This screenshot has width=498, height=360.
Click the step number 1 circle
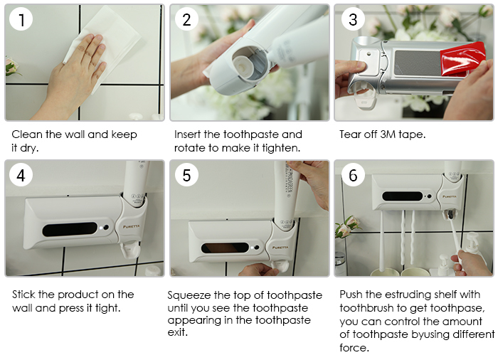21,19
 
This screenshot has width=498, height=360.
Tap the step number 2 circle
186,19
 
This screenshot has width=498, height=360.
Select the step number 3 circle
353,19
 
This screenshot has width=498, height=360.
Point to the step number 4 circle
21,175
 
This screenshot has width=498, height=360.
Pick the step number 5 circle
186,175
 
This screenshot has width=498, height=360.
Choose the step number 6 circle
353,175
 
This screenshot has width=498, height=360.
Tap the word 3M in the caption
388,134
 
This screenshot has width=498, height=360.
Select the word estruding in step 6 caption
405,295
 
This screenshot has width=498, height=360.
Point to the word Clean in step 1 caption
27,134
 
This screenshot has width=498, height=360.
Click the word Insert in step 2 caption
187,134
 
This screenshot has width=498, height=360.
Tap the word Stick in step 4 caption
23,295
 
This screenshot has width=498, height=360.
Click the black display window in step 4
70,229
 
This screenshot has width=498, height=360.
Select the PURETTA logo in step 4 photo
131,226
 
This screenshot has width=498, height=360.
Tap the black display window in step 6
403,196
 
